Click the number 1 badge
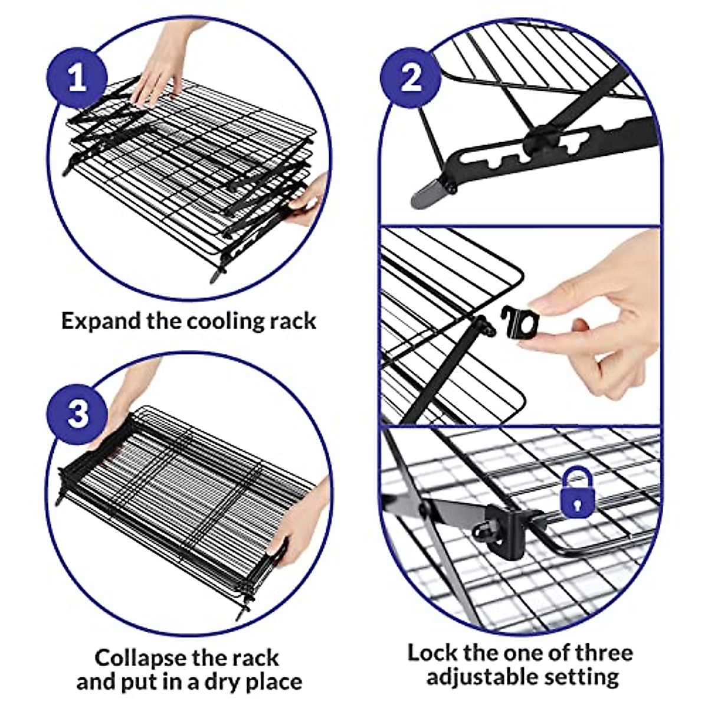click(x=77, y=79)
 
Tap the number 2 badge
click(x=411, y=78)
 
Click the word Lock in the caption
click(x=432, y=653)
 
